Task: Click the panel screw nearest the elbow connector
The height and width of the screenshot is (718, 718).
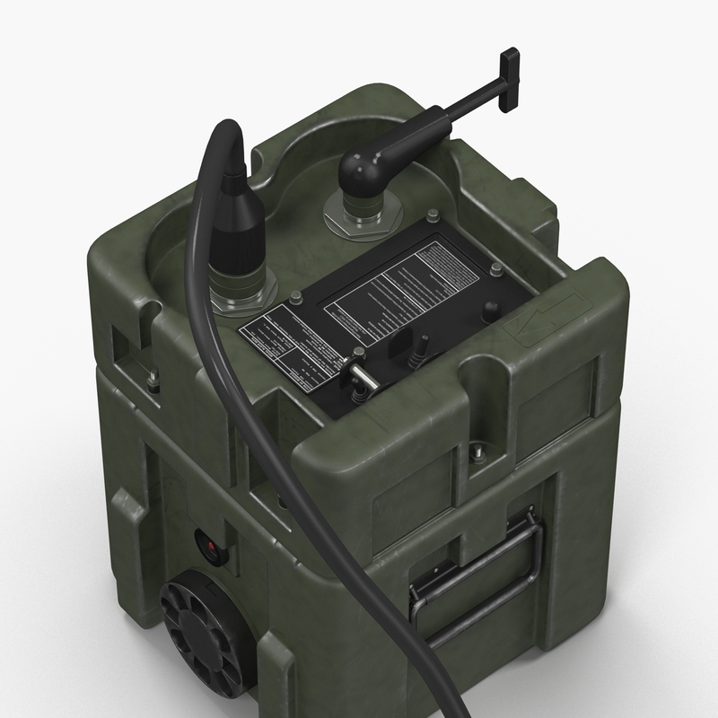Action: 433,215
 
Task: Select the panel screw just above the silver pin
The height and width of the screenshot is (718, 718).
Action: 358,352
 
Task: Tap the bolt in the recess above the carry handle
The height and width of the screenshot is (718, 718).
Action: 475,452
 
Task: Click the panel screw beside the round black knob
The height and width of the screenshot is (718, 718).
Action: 496,268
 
